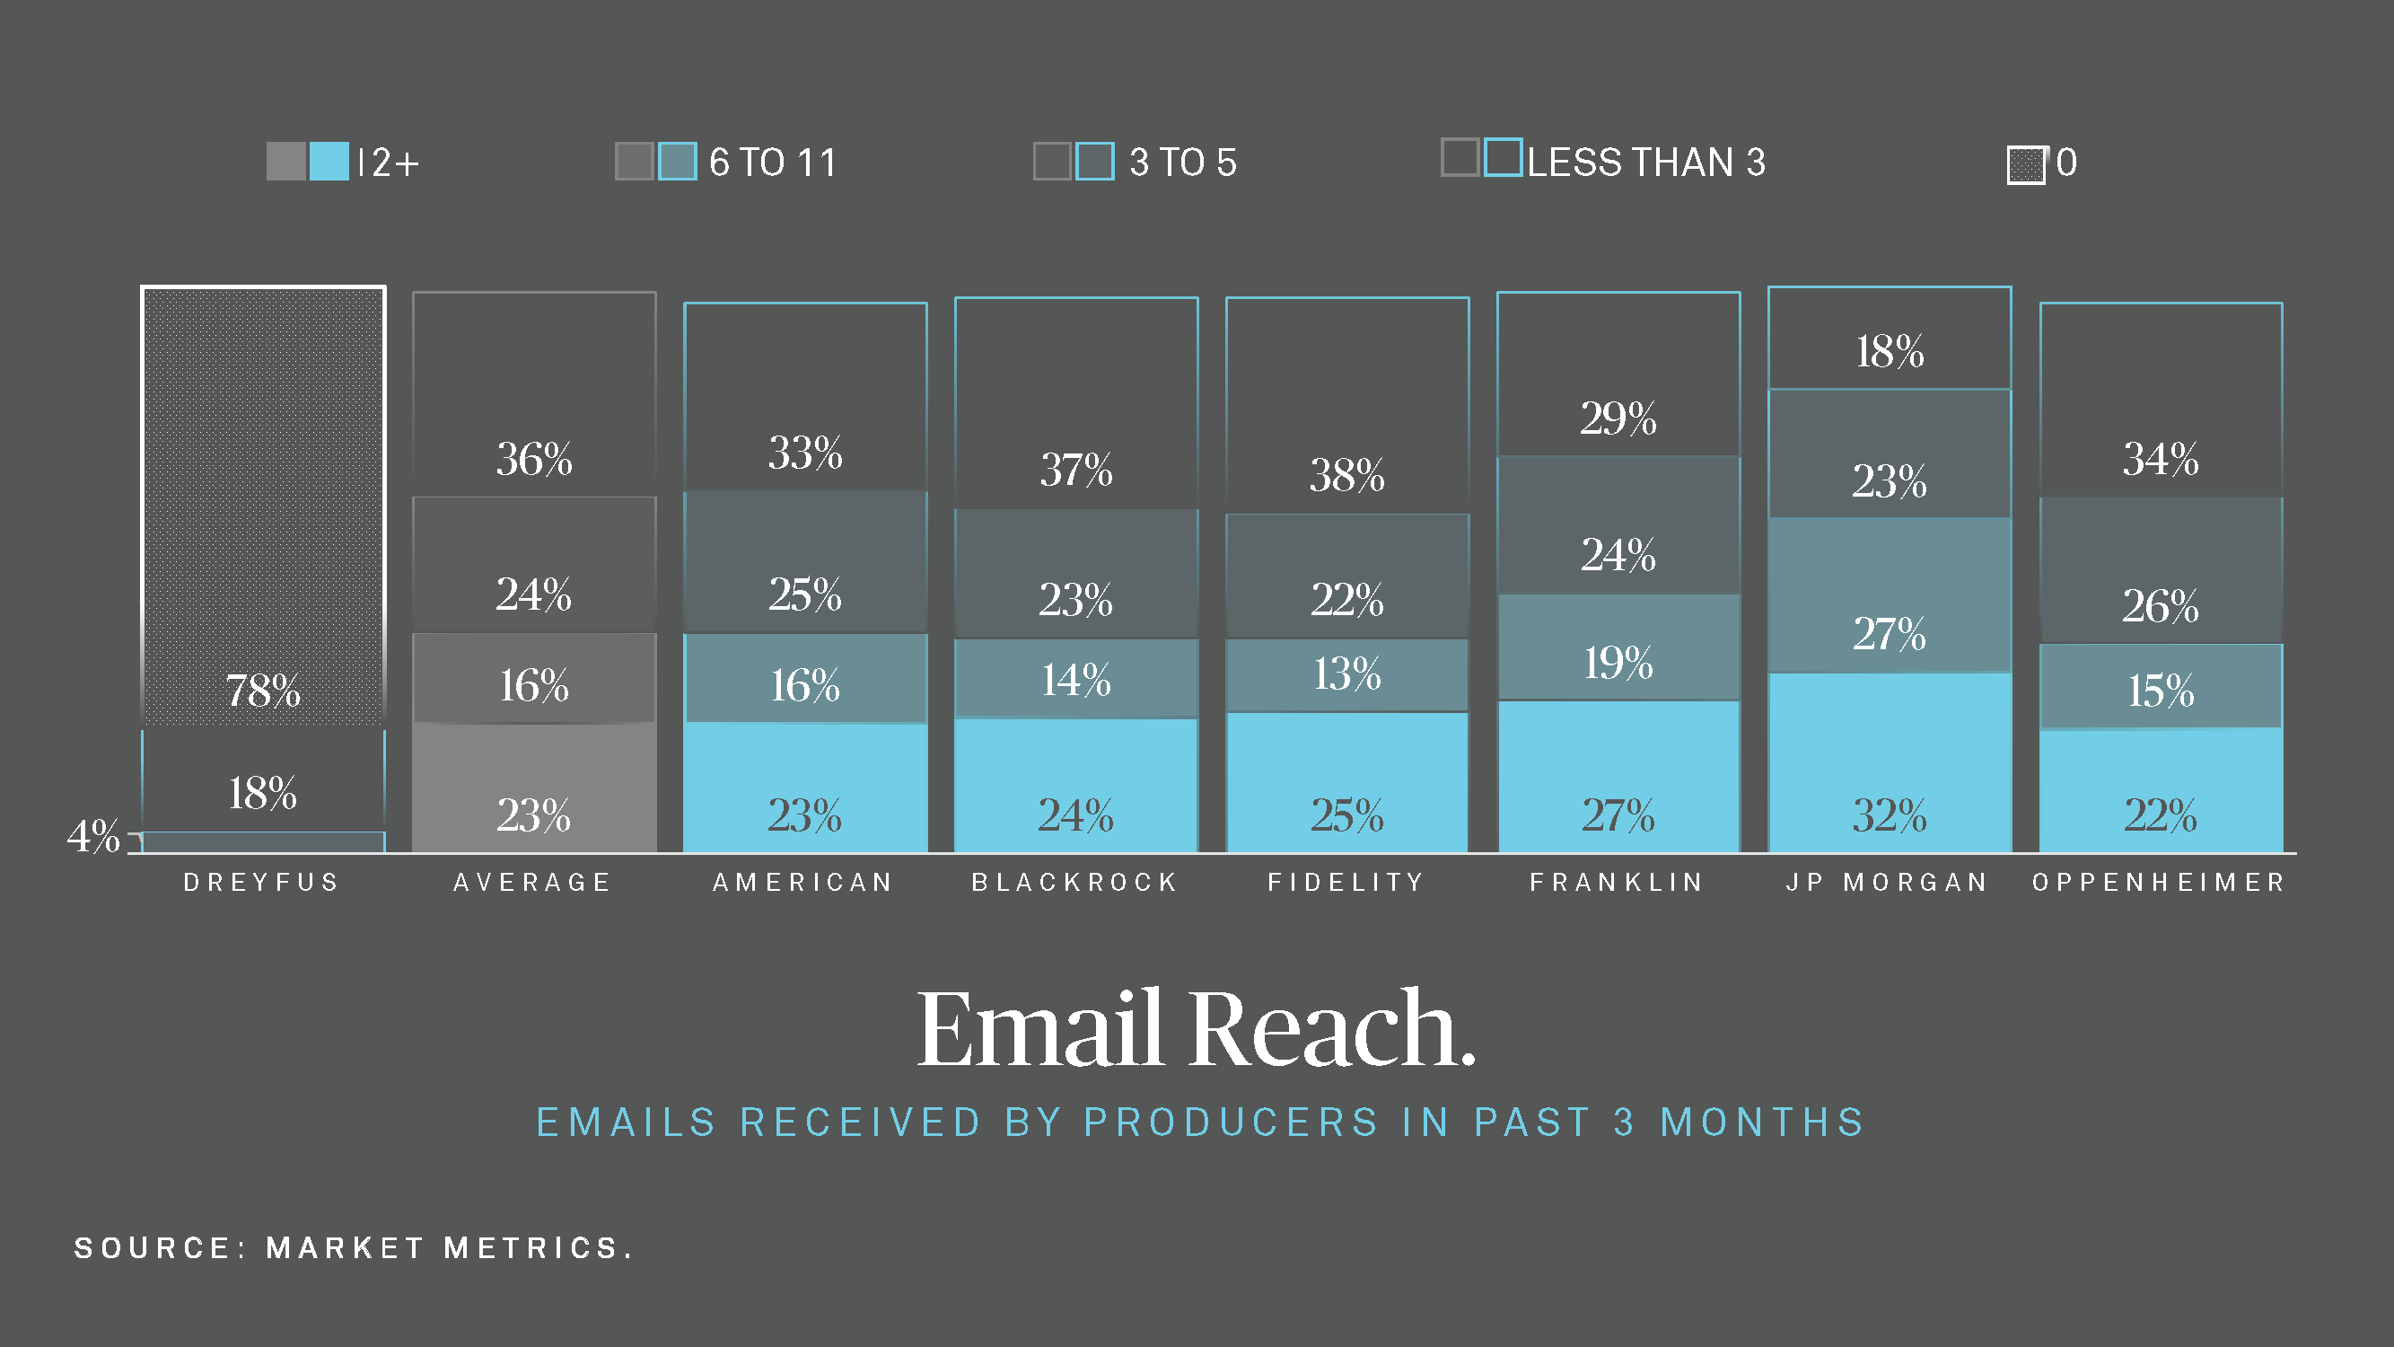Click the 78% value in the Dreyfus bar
(x=263, y=690)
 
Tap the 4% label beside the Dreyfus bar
(x=94, y=836)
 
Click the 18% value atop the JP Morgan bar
(x=1890, y=351)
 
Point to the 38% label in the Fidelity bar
(x=1346, y=475)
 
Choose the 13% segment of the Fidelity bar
(x=1346, y=674)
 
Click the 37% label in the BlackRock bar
(x=1076, y=470)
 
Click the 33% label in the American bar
(x=805, y=453)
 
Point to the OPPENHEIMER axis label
(x=2159, y=882)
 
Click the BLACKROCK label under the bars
(x=1075, y=882)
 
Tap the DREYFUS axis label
(x=262, y=882)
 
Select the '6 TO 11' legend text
(x=772, y=163)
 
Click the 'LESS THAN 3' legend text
(x=1646, y=163)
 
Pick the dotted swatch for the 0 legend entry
(x=2026, y=165)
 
